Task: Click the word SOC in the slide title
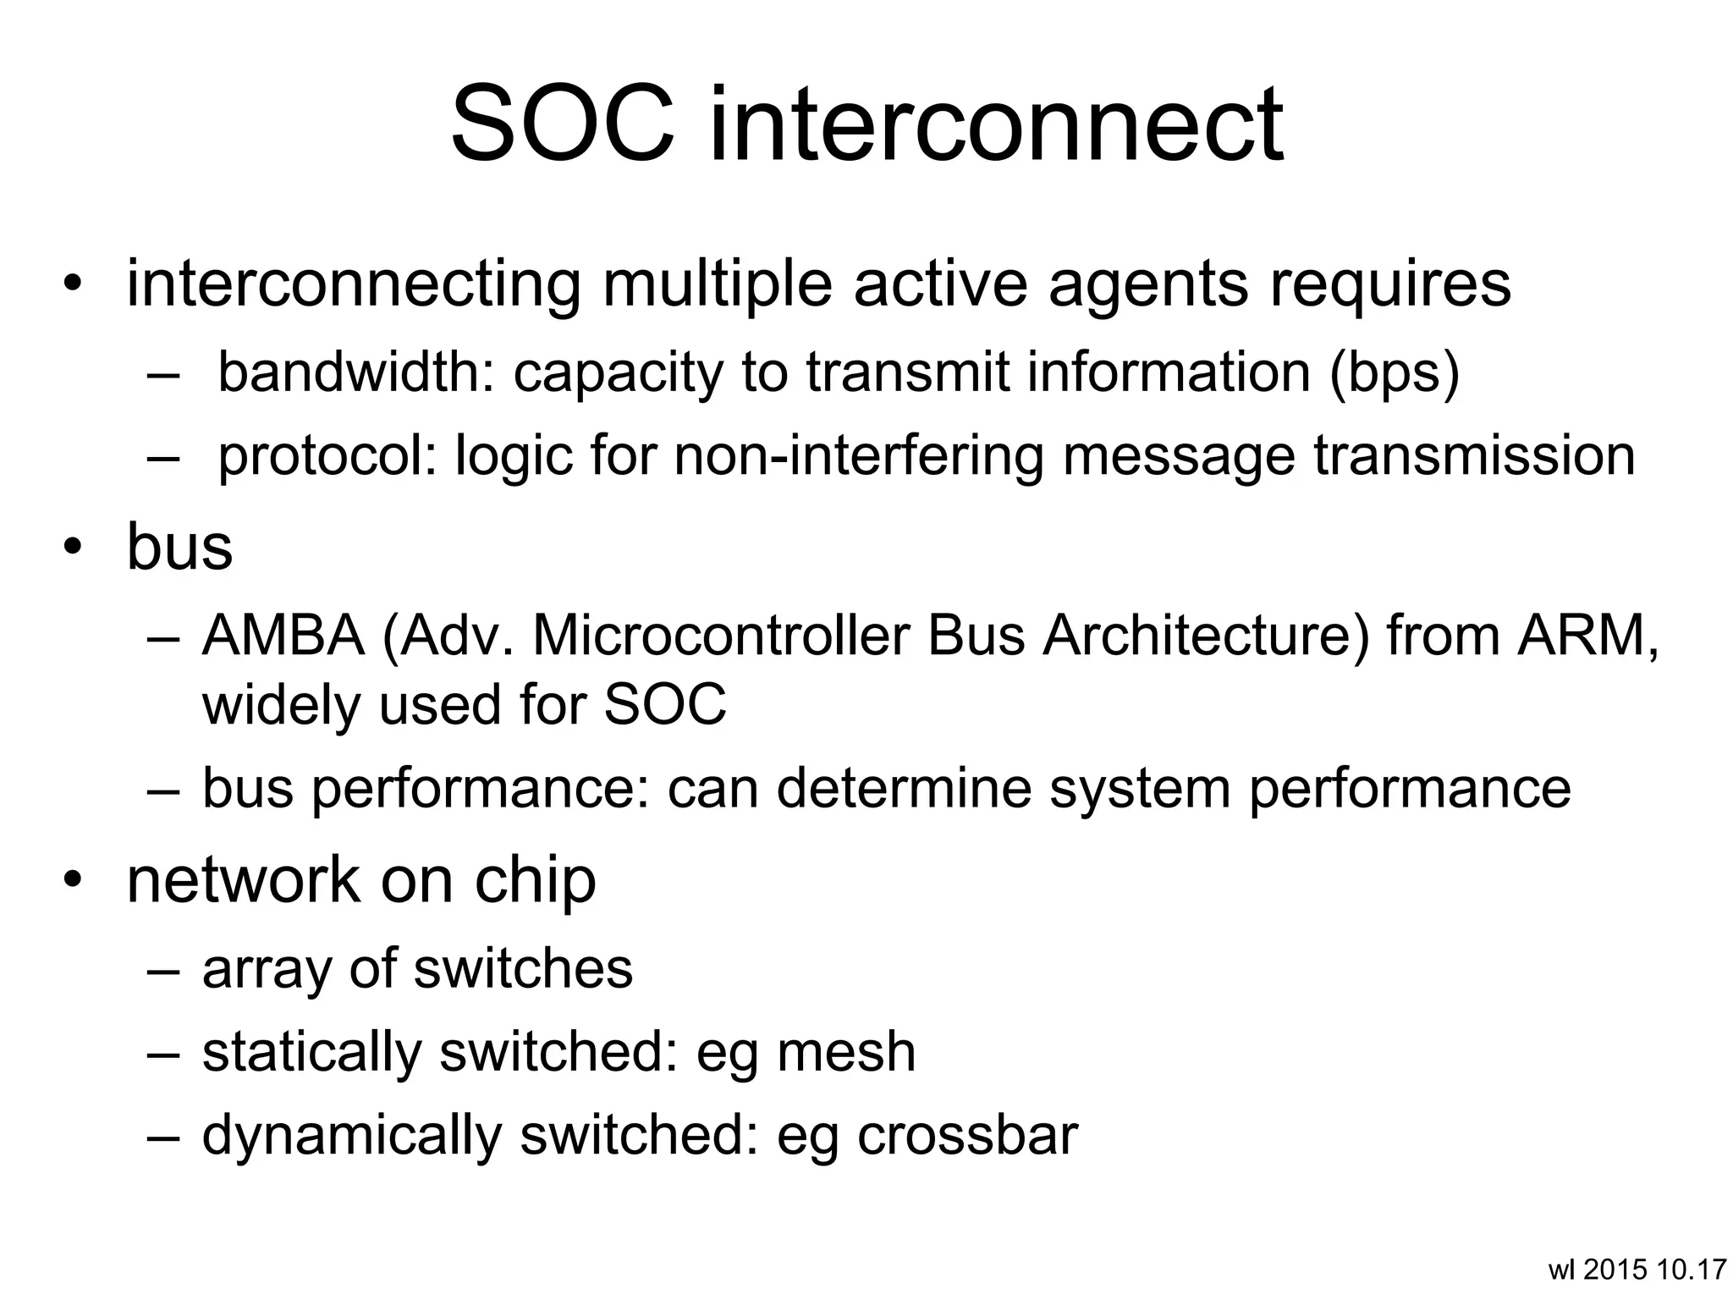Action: (x=563, y=125)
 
